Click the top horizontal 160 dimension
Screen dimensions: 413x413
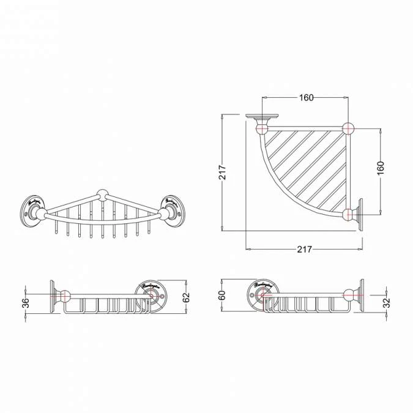(x=306, y=98)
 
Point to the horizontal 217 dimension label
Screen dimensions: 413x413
(x=304, y=249)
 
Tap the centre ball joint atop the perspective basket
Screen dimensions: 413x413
(x=102, y=197)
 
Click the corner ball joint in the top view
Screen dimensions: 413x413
(x=348, y=128)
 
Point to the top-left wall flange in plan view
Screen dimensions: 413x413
(x=262, y=116)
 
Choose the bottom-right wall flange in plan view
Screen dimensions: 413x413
(x=360, y=214)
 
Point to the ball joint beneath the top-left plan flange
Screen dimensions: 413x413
(x=262, y=128)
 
